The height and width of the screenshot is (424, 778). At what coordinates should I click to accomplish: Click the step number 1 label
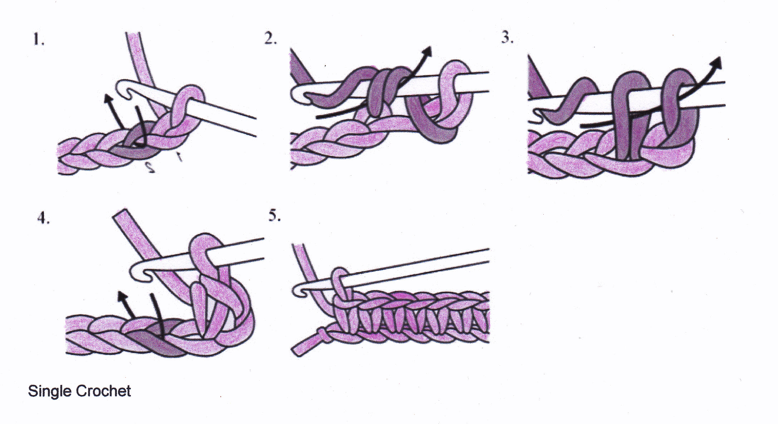coord(39,39)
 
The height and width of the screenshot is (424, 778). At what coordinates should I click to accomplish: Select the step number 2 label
coord(270,38)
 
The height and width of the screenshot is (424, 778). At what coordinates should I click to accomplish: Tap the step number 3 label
coord(507,37)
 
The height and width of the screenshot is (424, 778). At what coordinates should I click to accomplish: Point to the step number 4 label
coord(43,218)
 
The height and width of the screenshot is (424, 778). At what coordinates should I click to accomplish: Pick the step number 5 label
coord(274,216)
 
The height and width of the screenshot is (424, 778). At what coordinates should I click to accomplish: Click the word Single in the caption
coord(50,391)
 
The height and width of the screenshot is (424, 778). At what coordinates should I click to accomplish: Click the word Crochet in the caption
coord(103,391)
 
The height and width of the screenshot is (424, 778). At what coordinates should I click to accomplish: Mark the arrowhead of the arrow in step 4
coord(122,297)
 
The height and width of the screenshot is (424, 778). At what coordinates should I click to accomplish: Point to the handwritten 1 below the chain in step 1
coord(179,156)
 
